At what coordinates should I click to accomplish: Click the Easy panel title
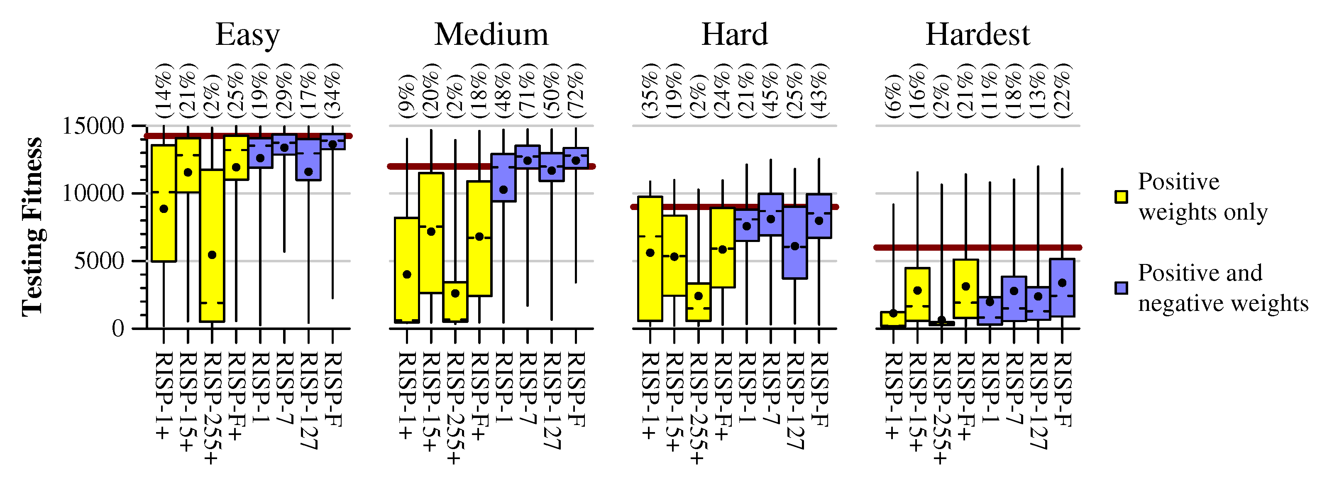(247, 35)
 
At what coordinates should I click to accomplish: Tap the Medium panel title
(491, 35)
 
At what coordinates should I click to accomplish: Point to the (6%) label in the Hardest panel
(893, 96)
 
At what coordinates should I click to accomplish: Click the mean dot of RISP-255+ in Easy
(212, 255)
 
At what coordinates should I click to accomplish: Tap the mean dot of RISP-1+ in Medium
(407, 274)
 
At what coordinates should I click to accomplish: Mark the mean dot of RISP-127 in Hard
(795, 246)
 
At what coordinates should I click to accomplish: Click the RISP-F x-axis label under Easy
(333, 389)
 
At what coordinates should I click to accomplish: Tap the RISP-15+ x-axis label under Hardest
(917, 402)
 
